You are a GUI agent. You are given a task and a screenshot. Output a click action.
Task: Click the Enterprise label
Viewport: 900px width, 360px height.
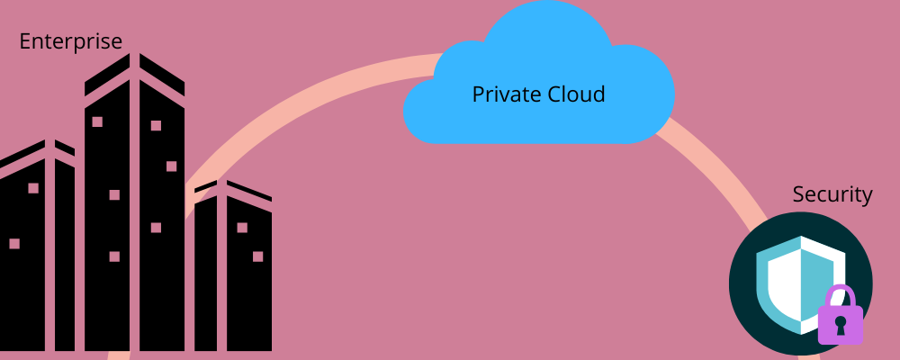click(70, 41)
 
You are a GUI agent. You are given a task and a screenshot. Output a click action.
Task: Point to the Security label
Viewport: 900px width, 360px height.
click(832, 194)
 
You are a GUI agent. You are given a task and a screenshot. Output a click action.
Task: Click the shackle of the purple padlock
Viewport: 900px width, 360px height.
click(841, 295)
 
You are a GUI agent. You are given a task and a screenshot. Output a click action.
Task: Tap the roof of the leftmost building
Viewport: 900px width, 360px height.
click(36, 153)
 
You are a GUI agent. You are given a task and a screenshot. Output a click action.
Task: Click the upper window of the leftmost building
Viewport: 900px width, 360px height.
click(33, 188)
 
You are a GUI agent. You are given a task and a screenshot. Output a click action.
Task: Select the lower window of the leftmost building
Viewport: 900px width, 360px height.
click(14, 243)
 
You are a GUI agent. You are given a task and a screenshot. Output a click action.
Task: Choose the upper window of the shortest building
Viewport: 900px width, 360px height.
click(242, 228)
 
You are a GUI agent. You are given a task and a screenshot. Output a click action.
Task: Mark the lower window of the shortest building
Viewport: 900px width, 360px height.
click(257, 256)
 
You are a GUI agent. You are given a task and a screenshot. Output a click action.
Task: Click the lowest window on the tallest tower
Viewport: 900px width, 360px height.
click(114, 256)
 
